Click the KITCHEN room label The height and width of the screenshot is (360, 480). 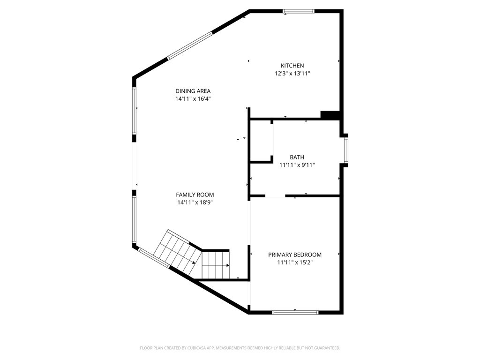(292, 66)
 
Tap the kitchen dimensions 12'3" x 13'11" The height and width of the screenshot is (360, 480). (292, 74)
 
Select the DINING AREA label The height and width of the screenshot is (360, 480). (193, 91)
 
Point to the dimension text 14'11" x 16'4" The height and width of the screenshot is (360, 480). (193, 99)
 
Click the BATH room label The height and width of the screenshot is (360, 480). (297, 157)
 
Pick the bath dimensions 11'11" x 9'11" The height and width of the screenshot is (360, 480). (297, 165)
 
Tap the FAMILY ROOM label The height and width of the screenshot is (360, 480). (195, 195)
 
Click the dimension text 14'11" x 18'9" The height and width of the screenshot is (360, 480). (195, 202)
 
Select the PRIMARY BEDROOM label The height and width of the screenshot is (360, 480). (295, 255)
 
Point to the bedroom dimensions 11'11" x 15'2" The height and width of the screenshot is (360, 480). (295, 262)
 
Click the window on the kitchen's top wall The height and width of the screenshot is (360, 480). (299, 11)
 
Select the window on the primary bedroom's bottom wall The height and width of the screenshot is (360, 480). (295, 312)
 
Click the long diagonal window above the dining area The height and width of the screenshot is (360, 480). (189, 45)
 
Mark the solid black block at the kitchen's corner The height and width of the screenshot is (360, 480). (330, 115)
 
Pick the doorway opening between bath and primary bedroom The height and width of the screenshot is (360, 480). (275, 195)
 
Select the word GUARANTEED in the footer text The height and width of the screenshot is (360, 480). (324, 348)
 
